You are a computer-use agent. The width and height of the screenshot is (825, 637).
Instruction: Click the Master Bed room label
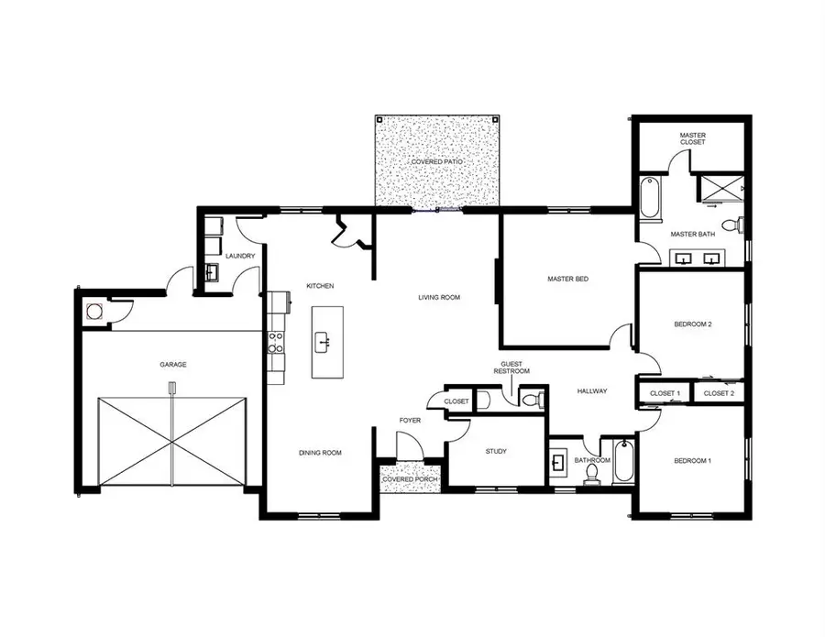567,279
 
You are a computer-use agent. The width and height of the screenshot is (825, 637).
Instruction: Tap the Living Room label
438,297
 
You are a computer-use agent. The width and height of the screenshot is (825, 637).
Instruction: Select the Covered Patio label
436,161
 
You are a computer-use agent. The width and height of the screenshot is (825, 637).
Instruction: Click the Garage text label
173,365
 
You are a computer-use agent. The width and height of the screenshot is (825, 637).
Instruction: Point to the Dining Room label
320,453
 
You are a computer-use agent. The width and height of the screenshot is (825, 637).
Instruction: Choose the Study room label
495,451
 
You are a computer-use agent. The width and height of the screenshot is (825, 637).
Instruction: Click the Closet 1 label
665,393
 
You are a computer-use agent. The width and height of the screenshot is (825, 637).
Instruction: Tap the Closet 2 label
719,393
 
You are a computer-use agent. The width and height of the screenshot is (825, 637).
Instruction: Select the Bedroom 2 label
693,324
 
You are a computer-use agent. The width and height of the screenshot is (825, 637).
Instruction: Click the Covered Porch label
410,479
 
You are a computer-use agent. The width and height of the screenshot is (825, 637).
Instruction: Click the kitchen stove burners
274,343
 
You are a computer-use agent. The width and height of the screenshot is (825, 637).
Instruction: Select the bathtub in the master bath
649,198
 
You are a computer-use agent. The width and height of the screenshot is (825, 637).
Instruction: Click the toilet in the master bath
732,225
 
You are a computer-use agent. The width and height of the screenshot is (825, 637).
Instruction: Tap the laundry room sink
210,272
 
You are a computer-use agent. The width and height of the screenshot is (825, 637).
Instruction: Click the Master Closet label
693,138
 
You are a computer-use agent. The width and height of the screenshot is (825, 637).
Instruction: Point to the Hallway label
592,391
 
